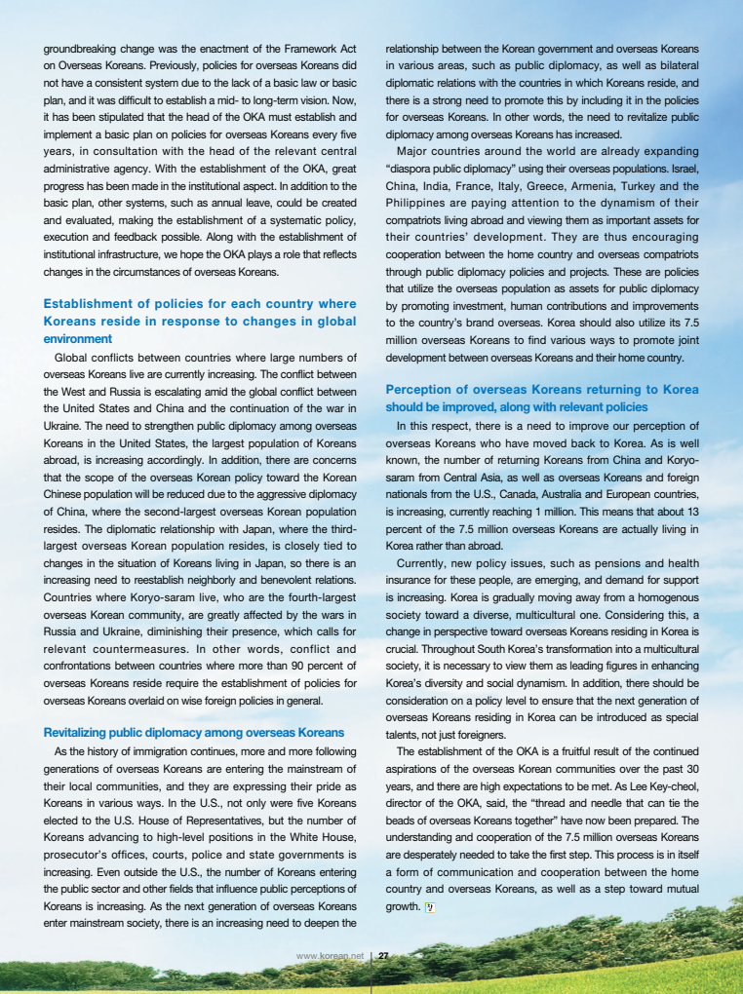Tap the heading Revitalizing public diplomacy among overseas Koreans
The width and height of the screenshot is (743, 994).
tap(194, 732)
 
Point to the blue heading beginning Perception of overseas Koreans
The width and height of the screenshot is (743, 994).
tap(542, 398)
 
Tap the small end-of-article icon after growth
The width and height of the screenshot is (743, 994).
tap(429, 907)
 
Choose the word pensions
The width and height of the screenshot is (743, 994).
tap(615, 562)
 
